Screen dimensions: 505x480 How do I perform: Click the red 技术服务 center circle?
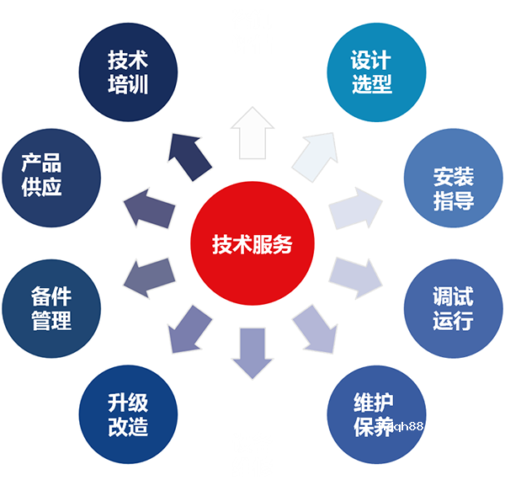point(252,243)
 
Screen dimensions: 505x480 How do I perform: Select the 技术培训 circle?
point(128,72)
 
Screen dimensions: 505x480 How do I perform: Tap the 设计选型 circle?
point(376,72)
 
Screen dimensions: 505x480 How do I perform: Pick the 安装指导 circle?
point(454,178)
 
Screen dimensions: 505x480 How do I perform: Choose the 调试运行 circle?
point(454,308)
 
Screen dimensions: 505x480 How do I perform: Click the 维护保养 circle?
point(376,414)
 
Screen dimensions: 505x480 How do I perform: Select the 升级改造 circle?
point(128,414)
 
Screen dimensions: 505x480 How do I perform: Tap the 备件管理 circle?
point(51,308)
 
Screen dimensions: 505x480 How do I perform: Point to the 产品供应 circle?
point(51,178)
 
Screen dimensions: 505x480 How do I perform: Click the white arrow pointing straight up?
point(252,133)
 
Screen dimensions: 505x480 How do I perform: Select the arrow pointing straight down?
point(252,354)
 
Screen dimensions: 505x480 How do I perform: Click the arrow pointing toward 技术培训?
point(189,157)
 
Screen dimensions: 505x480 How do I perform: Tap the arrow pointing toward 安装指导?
point(355,209)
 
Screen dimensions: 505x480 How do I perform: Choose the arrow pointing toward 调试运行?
point(355,279)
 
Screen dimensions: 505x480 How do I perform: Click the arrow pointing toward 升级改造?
point(189,329)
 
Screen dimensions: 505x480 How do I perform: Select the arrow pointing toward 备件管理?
point(150,279)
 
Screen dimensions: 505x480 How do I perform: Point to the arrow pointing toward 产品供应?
point(150,209)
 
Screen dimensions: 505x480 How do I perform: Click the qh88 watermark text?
point(407,426)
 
